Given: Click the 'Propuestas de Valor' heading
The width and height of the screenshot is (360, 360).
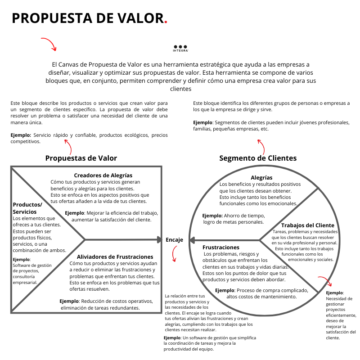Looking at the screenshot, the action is tap(81, 158).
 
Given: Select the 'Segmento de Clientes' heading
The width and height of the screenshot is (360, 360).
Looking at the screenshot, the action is tap(258, 158).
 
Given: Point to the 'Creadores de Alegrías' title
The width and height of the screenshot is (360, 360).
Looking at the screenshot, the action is tap(103, 175).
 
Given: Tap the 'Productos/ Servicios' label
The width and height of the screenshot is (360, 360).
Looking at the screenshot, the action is tap(27, 208).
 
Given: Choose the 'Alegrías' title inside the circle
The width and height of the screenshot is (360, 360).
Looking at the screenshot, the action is tap(261, 178).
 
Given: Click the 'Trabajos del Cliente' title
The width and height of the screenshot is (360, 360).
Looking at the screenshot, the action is tap(308, 225).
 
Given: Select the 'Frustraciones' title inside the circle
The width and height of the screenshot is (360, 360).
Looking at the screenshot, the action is tap(221, 247).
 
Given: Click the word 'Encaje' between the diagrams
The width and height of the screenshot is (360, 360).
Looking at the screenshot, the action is tap(175, 240).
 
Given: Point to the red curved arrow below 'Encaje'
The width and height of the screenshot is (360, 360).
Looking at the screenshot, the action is tap(174, 255).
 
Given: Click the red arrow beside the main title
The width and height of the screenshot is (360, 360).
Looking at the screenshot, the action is tap(49, 44).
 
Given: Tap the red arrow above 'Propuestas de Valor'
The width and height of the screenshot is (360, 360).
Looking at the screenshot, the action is tap(68, 147).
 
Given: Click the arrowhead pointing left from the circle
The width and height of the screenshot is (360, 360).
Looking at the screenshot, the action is tap(192, 239).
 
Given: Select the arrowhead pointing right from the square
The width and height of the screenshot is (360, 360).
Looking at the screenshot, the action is tap(159, 239).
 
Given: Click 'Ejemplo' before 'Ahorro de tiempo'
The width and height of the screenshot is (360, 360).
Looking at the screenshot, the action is tap(212, 216).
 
